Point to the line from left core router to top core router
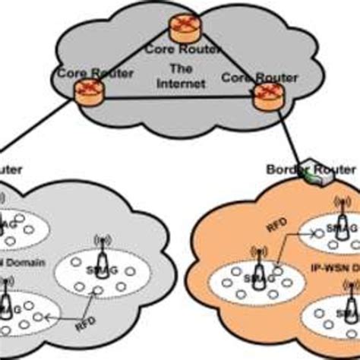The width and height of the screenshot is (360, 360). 129,65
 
